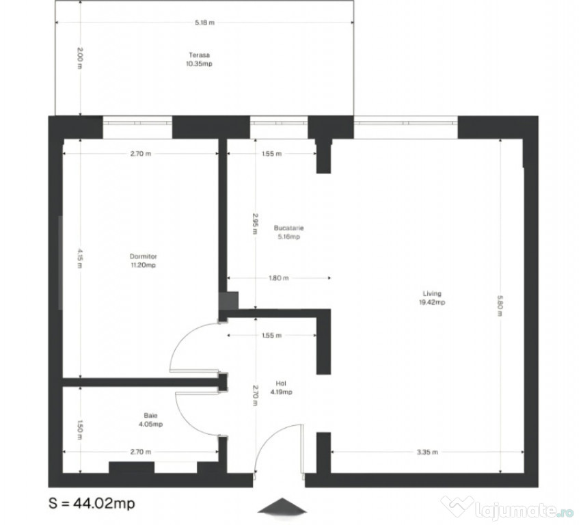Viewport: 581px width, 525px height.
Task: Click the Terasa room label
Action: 200,55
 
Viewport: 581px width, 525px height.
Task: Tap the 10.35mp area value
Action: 200,64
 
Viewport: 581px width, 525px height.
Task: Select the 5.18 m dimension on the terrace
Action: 204,23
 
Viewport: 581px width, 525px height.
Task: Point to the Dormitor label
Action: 144,257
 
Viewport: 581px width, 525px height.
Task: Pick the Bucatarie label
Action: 288,228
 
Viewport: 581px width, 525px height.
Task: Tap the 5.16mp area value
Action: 288,237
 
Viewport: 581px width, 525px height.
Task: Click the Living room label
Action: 431,293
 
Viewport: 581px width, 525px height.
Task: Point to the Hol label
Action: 280,383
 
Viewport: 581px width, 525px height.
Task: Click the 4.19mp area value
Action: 280,392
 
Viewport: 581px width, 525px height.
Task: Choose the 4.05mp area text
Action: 149,424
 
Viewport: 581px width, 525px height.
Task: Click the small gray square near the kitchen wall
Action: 229,301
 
